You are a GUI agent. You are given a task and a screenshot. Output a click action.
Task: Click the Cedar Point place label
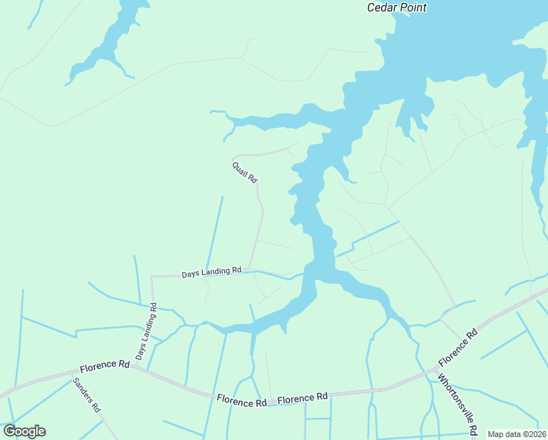396,7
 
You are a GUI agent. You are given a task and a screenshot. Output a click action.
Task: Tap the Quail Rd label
245,173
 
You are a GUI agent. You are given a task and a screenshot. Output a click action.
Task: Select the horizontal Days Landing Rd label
212,272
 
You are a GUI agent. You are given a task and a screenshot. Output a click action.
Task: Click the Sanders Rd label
86,396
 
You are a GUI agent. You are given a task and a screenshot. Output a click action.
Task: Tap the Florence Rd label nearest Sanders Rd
105,364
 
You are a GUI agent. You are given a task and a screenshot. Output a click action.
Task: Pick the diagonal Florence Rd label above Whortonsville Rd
458,347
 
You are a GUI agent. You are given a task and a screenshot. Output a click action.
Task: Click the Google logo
24,431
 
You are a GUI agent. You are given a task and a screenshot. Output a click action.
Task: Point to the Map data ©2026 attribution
516,434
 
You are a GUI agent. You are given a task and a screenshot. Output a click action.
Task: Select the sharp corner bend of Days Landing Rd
152,277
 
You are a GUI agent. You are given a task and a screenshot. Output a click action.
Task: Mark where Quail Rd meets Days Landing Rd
250,269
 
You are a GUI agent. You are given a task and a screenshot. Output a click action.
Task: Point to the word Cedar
382,7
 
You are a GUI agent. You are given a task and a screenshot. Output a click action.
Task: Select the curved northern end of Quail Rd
235,156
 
